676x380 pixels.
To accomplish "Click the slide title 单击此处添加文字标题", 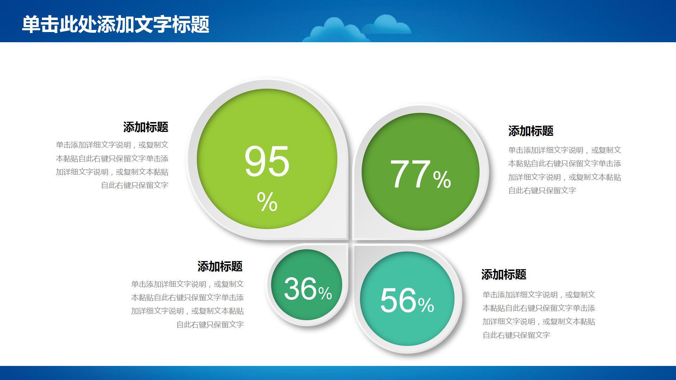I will pyautogui.click(x=115, y=24).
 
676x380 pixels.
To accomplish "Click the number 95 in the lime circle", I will pyautogui.click(x=267, y=162).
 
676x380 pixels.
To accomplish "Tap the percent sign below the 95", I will pyautogui.click(x=267, y=202).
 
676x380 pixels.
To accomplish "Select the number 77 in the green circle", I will pyautogui.click(x=410, y=174).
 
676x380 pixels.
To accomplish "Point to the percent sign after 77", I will pyautogui.click(x=442, y=179).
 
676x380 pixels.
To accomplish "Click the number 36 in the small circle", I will pyautogui.click(x=300, y=289).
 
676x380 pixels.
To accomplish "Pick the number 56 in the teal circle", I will pyautogui.click(x=398, y=300).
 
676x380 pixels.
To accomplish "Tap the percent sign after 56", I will pyautogui.click(x=426, y=305).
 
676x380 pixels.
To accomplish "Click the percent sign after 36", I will pyautogui.click(x=325, y=293).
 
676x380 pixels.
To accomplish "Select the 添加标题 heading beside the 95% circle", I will pyautogui.click(x=146, y=127).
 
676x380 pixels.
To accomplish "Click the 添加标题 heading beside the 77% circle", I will pyautogui.click(x=531, y=131).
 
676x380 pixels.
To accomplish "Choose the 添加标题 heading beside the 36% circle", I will pyautogui.click(x=220, y=266).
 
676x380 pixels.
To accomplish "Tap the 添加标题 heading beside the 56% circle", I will pyautogui.click(x=503, y=274).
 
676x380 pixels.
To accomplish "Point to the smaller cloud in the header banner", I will pyautogui.click(x=387, y=25).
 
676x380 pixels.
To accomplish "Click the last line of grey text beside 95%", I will pyautogui.click(x=134, y=185).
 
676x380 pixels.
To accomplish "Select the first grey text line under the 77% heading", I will pyautogui.click(x=564, y=150).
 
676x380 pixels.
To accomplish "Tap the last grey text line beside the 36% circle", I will pyautogui.click(x=210, y=325).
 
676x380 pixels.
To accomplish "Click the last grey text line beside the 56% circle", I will pyautogui.click(x=516, y=335).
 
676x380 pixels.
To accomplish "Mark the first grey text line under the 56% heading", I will pyautogui.click(x=539, y=295).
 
